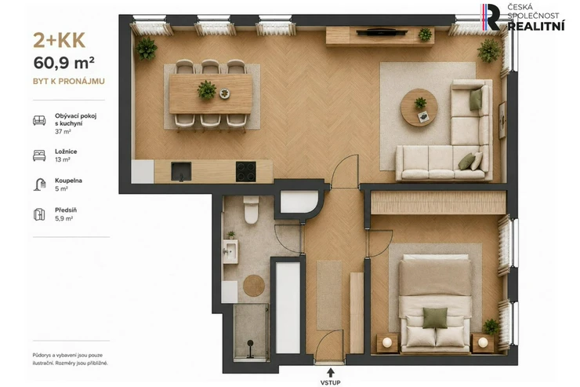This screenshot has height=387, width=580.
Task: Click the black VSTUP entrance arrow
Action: pyautogui.click(x=330, y=373)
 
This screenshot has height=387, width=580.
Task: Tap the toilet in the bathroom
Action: pyautogui.click(x=251, y=210)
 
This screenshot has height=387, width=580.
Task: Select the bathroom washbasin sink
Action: pyautogui.click(x=230, y=251)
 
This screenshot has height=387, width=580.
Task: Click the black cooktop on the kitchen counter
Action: pyautogui.click(x=245, y=171)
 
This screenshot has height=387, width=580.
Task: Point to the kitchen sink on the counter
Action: pyautogui.click(x=181, y=171)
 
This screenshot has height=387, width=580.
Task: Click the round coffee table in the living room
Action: pyautogui.click(x=419, y=108)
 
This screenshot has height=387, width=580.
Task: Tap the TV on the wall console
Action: pyautogui.click(x=382, y=32)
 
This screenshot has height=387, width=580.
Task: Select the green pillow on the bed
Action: pyautogui.click(x=435, y=318)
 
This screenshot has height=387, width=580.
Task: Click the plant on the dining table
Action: pyautogui.click(x=207, y=90)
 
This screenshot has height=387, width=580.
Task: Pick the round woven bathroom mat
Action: pyautogui.click(x=254, y=286)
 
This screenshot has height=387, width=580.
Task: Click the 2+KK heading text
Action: pyautogui.click(x=60, y=40)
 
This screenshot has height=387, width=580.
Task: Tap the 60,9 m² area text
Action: pyautogui.click(x=64, y=63)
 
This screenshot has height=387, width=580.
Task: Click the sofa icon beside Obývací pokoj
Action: pyautogui.click(x=39, y=120)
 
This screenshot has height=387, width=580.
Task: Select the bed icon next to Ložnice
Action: pyautogui.click(x=39, y=155)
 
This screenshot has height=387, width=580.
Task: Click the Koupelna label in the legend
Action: pyautogui.click(x=68, y=181)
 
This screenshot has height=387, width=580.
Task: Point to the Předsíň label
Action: pyautogui.click(x=66, y=210)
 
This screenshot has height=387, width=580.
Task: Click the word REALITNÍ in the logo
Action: pyautogui.click(x=536, y=26)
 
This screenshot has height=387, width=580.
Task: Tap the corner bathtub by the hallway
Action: pyautogui.click(x=299, y=202)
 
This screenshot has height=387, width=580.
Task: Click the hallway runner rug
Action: pyautogui.click(x=329, y=295)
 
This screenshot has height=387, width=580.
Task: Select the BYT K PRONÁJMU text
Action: pyautogui.click(x=69, y=81)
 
